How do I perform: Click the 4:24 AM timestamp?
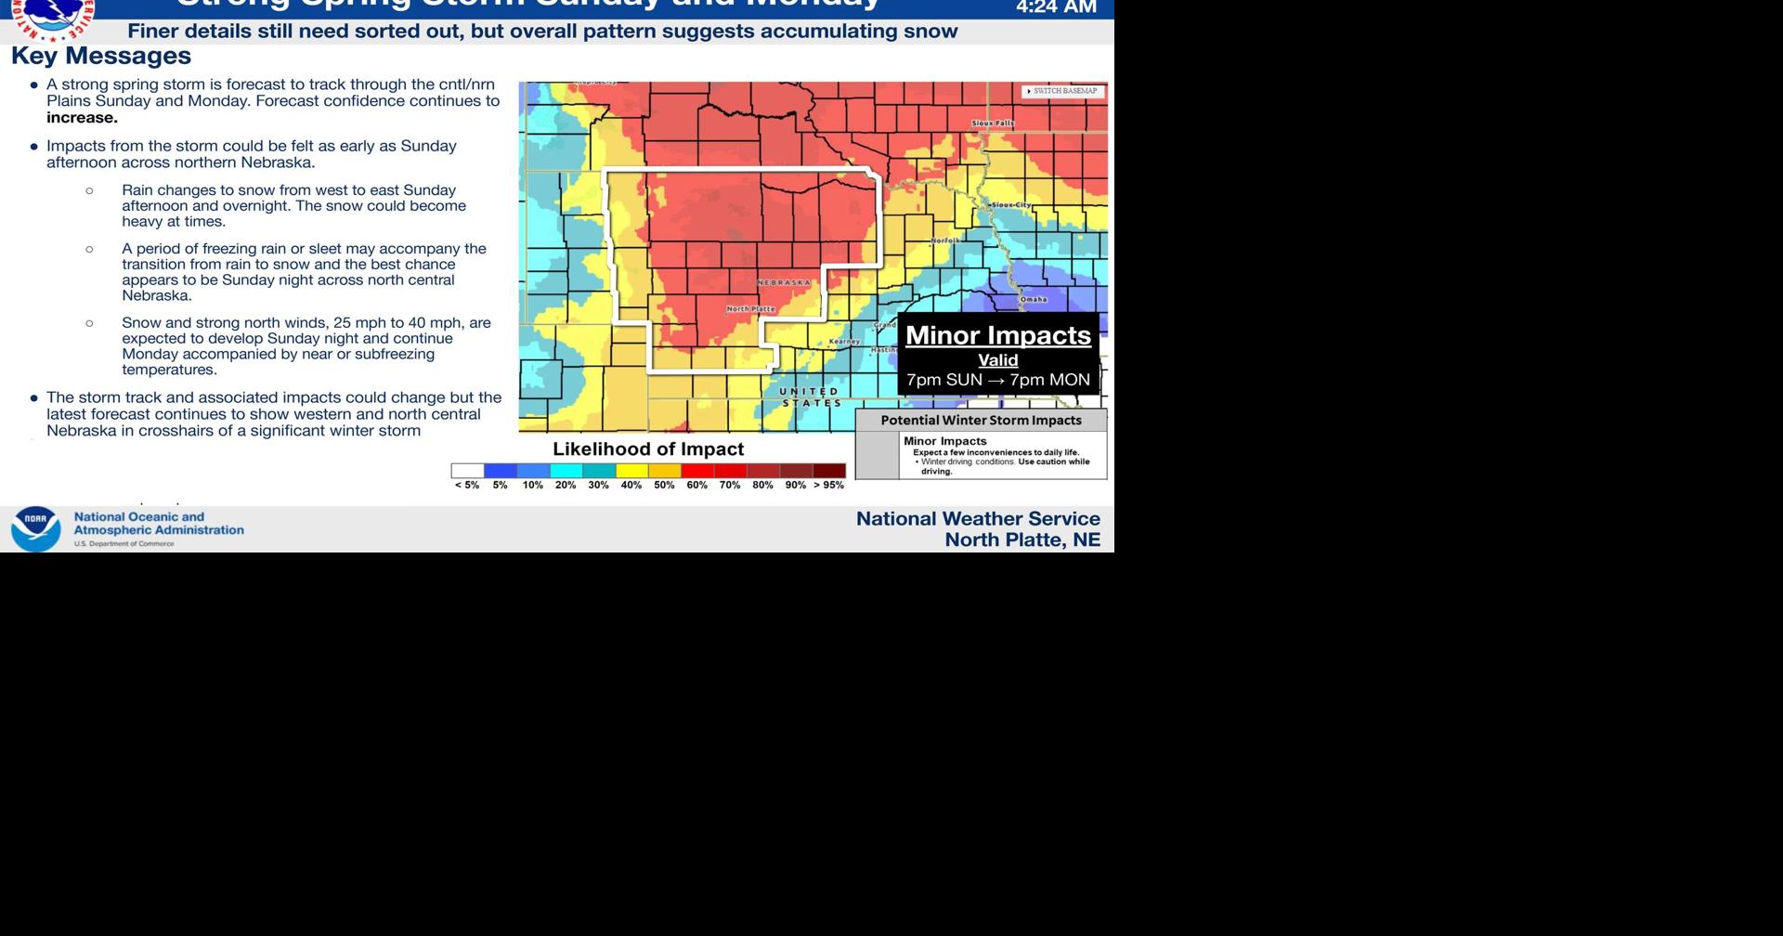(1056, 7)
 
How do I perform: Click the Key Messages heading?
(101, 57)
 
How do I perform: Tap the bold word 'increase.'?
(82, 118)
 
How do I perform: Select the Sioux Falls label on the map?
(993, 123)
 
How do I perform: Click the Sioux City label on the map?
(1010, 205)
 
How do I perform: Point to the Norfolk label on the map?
(945, 240)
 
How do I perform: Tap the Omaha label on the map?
(1033, 299)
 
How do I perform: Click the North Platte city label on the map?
(750, 308)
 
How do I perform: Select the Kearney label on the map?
(844, 342)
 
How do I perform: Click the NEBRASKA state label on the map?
(784, 282)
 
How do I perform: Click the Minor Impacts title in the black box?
(997, 335)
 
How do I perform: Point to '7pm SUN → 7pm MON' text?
(997, 380)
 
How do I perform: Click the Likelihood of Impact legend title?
(648, 449)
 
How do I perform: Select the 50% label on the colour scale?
(664, 486)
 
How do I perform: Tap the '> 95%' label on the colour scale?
(828, 486)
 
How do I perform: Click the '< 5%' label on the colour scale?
(467, 486)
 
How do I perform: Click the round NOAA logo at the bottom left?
(35, 529)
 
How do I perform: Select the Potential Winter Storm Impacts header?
(981, 421)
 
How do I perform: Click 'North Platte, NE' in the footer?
(1022, 540)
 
